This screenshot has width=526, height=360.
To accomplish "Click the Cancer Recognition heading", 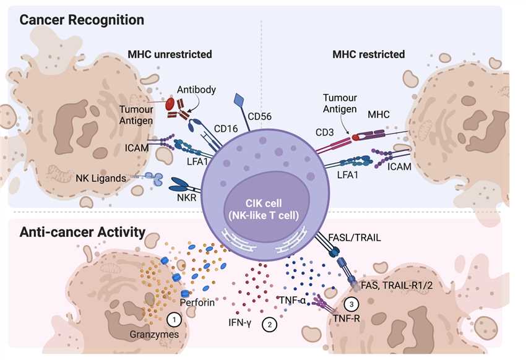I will point(82,20).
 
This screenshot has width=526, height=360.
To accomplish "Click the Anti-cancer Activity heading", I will point(82,233).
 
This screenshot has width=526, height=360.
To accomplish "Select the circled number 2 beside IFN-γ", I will point(269,324).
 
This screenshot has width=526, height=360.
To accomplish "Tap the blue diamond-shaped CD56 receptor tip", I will point(241,101).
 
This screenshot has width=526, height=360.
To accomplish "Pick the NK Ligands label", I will point(101,178).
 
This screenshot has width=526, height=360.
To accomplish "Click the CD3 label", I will point(324,131).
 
